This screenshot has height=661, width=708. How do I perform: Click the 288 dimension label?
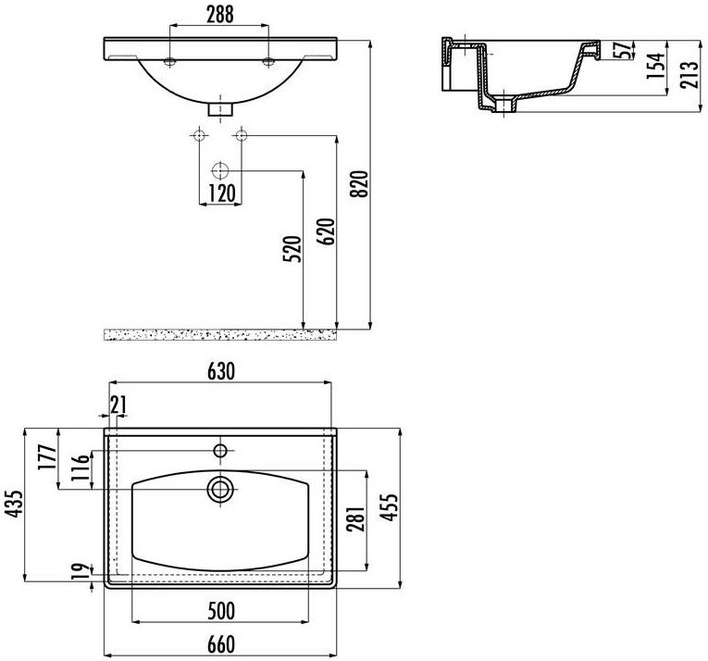(x=220, y=15)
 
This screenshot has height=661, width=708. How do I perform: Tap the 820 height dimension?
(x=360, y=184)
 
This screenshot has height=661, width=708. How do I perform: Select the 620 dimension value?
(x=326, y=231)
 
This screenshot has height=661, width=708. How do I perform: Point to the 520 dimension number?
(x=292, y=249)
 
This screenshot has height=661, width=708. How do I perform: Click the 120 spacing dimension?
(x=222, y=193)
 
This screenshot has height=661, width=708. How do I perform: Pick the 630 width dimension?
(x=221, y=371)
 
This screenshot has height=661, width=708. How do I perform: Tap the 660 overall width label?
(x=221, y=644)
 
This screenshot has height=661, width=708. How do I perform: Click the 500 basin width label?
(x=221, y=611)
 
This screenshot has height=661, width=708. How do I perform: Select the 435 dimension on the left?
(x=14, y=504)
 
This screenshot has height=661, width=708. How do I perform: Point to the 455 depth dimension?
(x=390, y=506)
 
